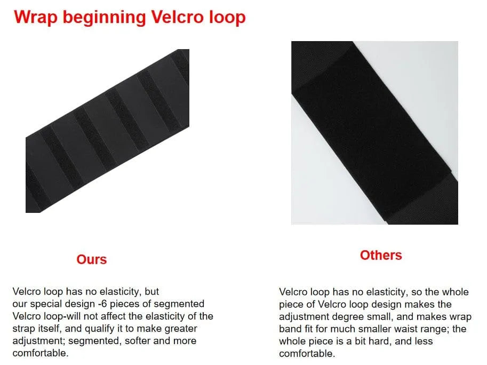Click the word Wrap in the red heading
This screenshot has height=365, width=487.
(36, 17)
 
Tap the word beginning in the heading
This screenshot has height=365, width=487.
(105, 18)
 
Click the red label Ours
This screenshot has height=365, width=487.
(92, 259)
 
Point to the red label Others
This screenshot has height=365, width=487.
(381, 255)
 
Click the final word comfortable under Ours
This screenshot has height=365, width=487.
(41, 353)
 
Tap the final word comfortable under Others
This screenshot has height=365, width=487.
(307, 353)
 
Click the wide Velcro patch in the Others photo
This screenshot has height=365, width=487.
(371, 133)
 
